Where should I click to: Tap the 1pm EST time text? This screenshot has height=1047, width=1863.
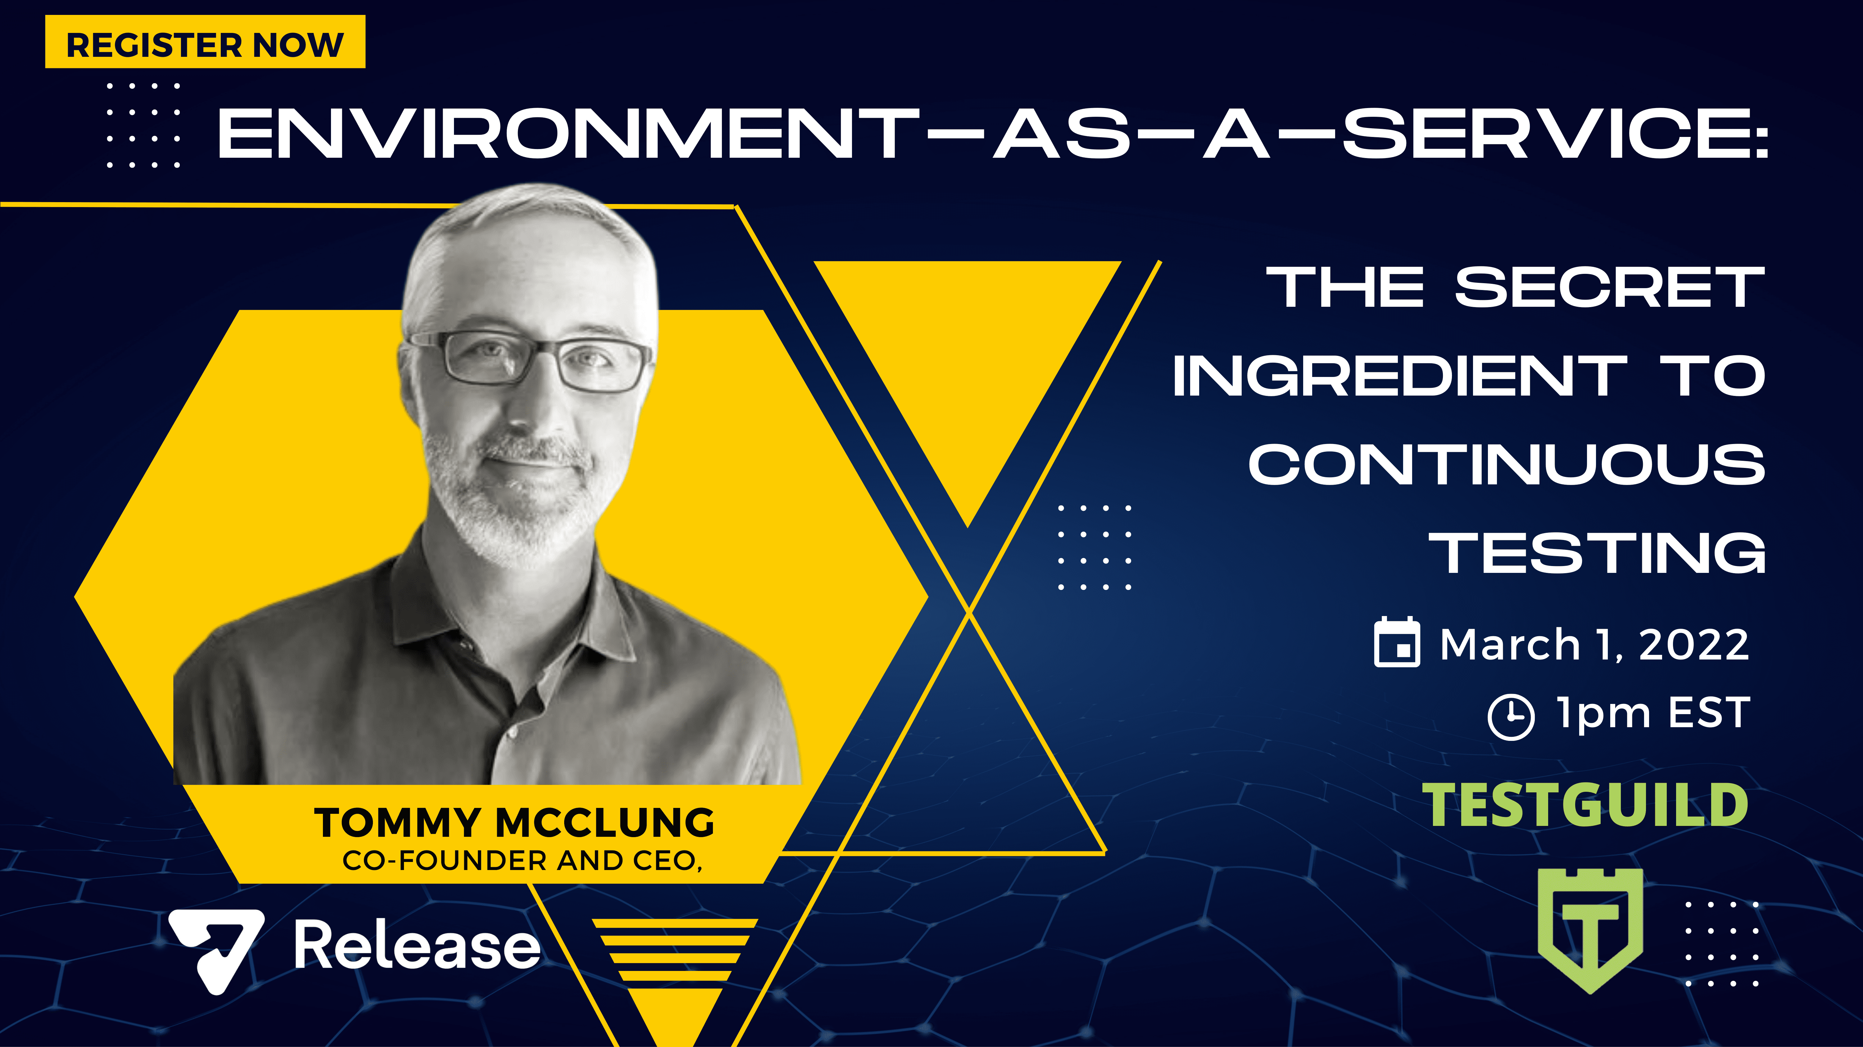pyautogui.click(x=1653, y=714)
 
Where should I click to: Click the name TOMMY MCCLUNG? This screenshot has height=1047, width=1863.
pyautogui.click(x=514, y=823)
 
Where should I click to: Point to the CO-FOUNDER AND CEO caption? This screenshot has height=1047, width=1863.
pyautogui.click(x=522, y=860)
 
